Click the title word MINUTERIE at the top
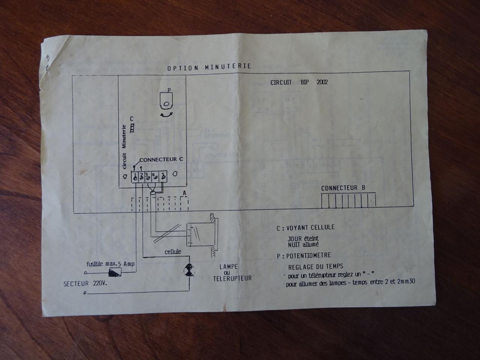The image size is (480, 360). (x=228, y=67)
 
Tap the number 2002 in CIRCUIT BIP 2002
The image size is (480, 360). (x=322, y=82)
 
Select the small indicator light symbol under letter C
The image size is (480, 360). (x=132, y=128)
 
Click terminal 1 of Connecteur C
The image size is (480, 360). (x=135, y=177)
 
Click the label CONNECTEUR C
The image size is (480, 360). (x=161, y=159)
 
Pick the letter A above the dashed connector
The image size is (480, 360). (x=184, y=193)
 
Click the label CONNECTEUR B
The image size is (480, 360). (x=343, y=188)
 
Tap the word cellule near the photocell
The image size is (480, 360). (x=173, y=252)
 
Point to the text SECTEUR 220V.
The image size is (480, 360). (x=85, y=284)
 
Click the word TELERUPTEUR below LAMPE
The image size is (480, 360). (x=232, y=278)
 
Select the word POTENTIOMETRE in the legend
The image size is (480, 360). (x=308, y=256)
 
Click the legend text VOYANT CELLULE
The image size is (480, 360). (x=310, y=227)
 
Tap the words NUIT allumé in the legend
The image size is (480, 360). (x=303, y=244)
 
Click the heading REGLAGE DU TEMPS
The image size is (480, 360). (x=315, y=267)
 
